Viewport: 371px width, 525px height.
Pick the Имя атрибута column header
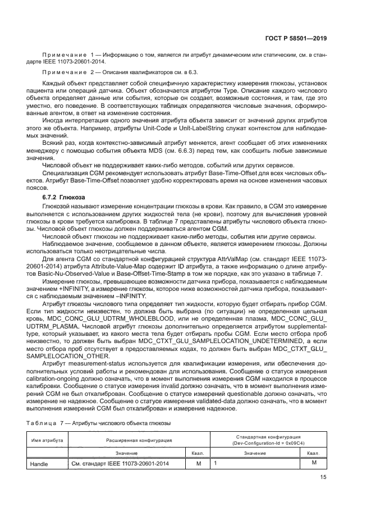(x=47, y=440)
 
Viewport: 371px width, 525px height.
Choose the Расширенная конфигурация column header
(x=139, y=440)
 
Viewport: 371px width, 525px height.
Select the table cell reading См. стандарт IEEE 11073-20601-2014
(x=119, y=464)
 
